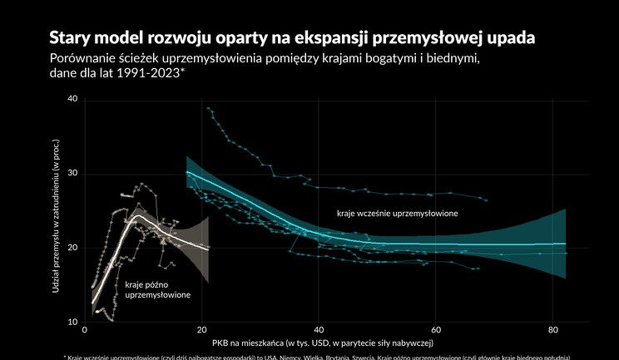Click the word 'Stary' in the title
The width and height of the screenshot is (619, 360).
pyautogui.click(x=71, y=38)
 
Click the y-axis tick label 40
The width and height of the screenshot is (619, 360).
pyautogui.click(x=72, y=99)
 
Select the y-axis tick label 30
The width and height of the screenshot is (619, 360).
pyautogui.click(x=72, y=174)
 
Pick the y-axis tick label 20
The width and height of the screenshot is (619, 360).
pyautogui.click(x=72, y=248)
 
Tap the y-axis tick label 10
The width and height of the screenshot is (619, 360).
pyautogui.click(x=72, y=322)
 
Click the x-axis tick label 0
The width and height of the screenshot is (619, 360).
pyautogui.click(x=87, y=330)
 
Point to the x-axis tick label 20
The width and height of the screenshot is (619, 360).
pyautogui.click(x=202, y=330)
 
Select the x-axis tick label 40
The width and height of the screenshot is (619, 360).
pyautogui.click(x=319, y=330)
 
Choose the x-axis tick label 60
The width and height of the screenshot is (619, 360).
pyautogui.click(x=436, y=330)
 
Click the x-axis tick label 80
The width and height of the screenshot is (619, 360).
pyautogui.click(x=552, y=330)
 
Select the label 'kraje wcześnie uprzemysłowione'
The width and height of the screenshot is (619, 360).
pyautogui.click(x=398, y=214)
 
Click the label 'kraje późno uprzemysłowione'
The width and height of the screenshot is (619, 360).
pyautogui.click(x=157, y=289)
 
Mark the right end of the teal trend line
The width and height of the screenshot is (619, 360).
pyautogui.click(x=566, y=244)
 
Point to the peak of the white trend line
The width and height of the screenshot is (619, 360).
pyautogui.click(x=135, y=216)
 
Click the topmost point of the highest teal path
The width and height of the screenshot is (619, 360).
pyautogui.click(x=207, y=108)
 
